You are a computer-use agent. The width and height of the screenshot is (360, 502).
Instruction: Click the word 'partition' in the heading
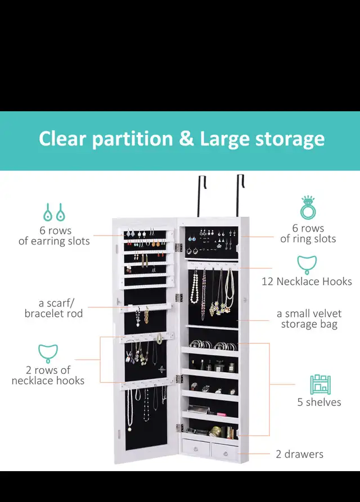pyautogui.click(x=133, y=139)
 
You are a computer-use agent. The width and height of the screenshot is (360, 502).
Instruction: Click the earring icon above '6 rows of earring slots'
pyautogui.click(x=54, y=212)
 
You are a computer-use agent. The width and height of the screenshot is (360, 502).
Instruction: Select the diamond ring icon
pyautogui.click(x=308, y=207)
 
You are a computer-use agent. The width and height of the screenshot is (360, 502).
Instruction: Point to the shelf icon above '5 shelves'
pyautogui.click(x=320, y=385)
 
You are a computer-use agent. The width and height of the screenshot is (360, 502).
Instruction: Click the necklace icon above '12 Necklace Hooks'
pyautogui.click(x=307, y=265)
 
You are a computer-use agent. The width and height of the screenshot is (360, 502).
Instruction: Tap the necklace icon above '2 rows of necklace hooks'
pyautogui.click(x=48, y=354)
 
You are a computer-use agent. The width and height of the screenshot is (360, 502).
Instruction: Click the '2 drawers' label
pyautogui.click(x=299, y=454)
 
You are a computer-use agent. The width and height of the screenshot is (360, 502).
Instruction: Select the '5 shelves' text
pyautogui.click(x=319, y=402)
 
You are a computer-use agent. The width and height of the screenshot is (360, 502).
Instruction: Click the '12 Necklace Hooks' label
pyautogui.click(x=307, y=282)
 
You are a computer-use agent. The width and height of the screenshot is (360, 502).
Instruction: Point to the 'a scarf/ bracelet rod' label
pyautogui.click(x=53, y=308)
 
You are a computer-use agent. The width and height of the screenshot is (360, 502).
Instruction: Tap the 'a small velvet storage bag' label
pyautogui.click(x=309, y=319)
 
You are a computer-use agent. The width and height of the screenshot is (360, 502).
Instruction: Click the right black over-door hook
pyautogui.click(x=240, y=195)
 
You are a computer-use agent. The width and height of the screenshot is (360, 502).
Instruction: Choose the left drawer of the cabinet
pyautogui.click(x=196, y=447)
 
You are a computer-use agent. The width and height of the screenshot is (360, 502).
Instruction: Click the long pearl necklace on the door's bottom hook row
pyautogui.click(x=130, y=409)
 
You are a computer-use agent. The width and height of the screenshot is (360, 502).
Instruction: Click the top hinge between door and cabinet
pyautogui.click(x=178, y=247)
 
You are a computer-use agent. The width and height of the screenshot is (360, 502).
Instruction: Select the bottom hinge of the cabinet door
pyautogui.click(x=179, y=427)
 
